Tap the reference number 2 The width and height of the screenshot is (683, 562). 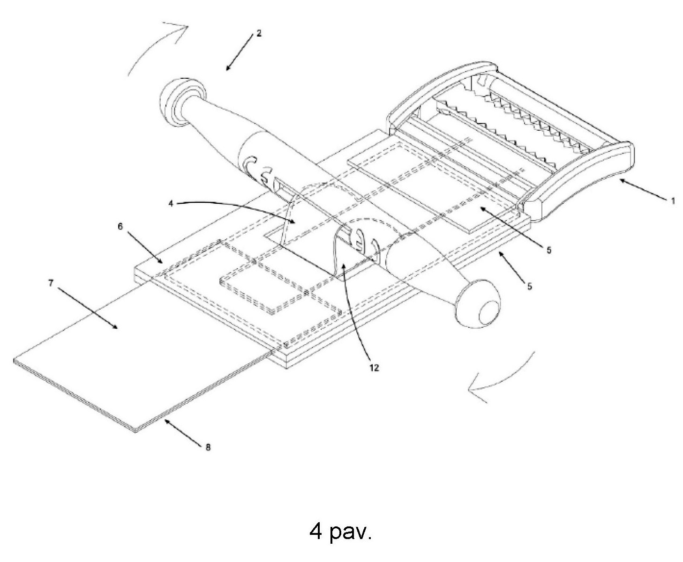click(259, 33)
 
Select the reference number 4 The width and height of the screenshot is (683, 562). click(171, 203)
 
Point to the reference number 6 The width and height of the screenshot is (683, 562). click(120, 226)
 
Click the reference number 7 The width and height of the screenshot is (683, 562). click(51, 283)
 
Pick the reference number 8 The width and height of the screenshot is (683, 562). click(208, 447)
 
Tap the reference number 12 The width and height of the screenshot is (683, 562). click(374, 368)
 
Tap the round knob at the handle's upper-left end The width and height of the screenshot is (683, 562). click(182, 102)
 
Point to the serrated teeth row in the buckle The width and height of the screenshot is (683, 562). click(520, 124)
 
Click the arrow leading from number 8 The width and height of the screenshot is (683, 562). click(183, 431)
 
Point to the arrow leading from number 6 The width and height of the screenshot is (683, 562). click(144, 248)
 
